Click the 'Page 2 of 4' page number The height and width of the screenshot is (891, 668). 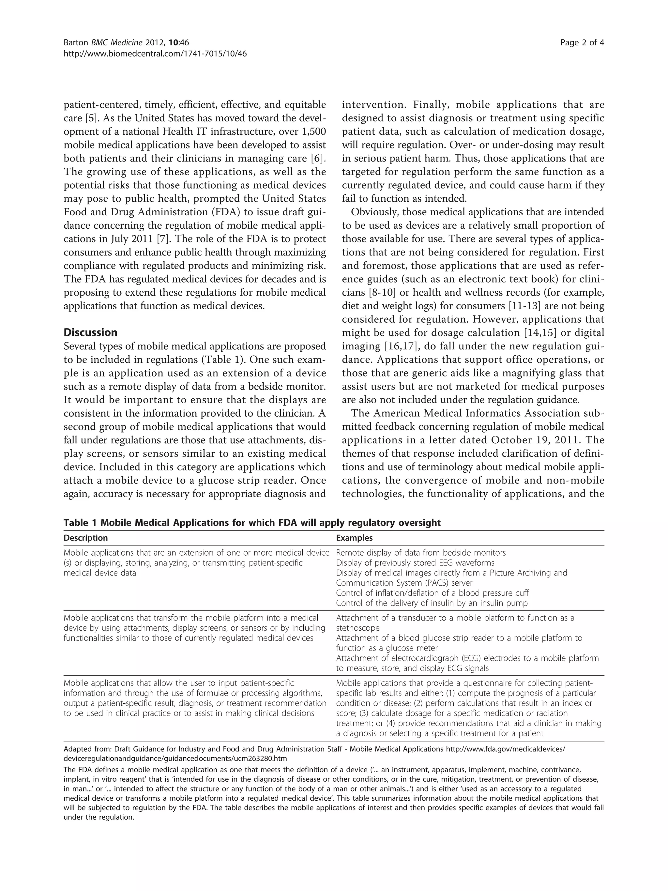582,43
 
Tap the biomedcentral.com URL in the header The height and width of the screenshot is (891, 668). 155,54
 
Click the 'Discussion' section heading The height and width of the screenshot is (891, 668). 91,332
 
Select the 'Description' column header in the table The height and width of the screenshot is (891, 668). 86,538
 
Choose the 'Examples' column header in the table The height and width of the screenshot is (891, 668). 354,538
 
